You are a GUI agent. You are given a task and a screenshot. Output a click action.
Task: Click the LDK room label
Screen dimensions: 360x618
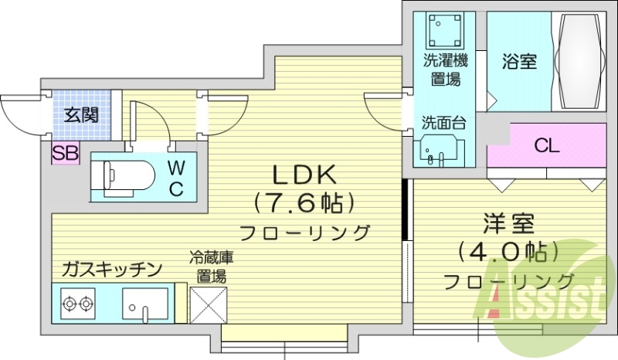point(302,174)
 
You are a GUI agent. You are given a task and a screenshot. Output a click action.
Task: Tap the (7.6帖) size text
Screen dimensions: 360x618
point(302,203)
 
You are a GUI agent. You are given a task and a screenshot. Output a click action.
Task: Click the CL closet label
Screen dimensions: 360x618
point(547,145)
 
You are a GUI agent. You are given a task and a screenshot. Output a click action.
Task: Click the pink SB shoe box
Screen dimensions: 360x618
point(65,153)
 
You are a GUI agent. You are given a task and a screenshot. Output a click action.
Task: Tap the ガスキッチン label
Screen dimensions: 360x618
point(112,269)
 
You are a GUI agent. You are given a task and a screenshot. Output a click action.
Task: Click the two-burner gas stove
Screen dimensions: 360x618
point(78,302)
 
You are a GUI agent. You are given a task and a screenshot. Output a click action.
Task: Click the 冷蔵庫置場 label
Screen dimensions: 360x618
point(210,267)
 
